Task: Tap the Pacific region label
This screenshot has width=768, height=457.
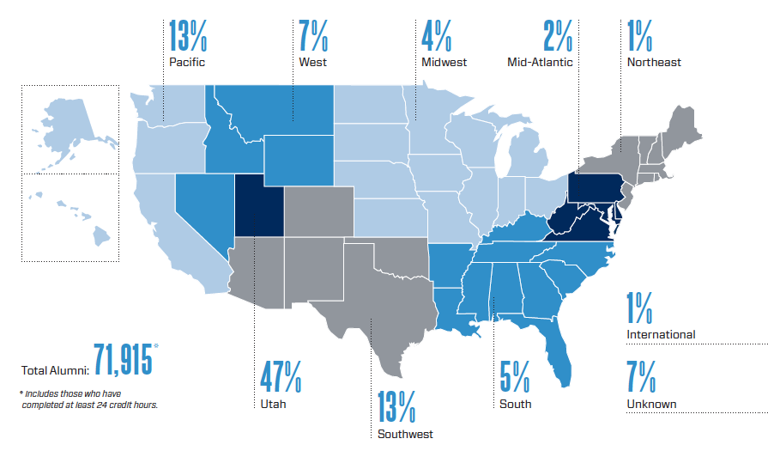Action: click(x=187, y=62)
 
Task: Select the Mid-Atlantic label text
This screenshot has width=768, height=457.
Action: click(x=539, y=62)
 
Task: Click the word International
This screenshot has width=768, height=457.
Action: click(x=661, y=334)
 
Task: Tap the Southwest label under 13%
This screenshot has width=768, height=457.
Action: click(x=405, y=434)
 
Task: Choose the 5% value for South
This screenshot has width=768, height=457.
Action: click(x=516, y=376)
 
